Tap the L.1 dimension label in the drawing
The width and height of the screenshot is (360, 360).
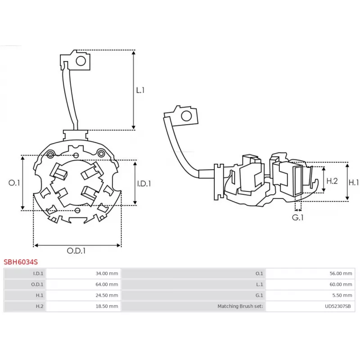click(x=140, y=90)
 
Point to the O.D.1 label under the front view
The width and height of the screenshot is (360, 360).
click(x=76, y=251)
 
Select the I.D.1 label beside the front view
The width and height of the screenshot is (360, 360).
click(x=144, y=183)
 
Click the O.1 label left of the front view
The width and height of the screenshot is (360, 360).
click(x=14, y=183)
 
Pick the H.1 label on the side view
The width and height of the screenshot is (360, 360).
click(x=354, y=182)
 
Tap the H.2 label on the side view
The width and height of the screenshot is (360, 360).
click(x=332, y=181)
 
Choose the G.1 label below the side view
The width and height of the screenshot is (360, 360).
click(x=298, y=217)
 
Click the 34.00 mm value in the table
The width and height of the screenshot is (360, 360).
click(x=107, y=273)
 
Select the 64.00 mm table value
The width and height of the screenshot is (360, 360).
click(x=107, y=284)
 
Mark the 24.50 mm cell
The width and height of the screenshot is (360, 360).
click(x=107, y=296)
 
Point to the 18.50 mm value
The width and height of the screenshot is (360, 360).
click(x=107, y=306)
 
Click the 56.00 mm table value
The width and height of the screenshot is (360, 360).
click(x=341, y=273)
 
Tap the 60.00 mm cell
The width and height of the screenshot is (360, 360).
click(x=341, y=284)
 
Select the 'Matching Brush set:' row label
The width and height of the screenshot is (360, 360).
click(x=240, y=306)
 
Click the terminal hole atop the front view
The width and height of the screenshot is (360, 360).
click(x=81, y=61)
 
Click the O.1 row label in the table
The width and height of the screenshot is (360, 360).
click(x=259, y=273)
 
